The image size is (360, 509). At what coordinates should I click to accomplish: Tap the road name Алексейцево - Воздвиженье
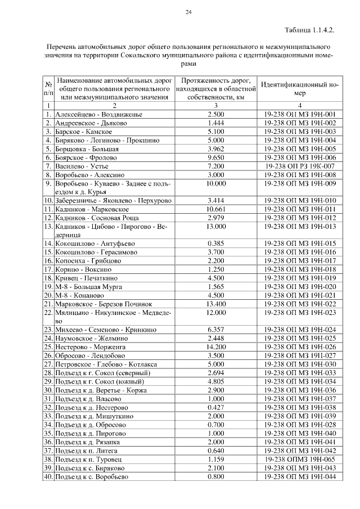(98, 114)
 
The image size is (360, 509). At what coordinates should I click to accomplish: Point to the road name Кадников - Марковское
(92, 209)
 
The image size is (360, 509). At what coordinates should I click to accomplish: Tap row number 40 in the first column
(48, 476)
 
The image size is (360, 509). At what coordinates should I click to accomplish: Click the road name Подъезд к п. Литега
(89, 451)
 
